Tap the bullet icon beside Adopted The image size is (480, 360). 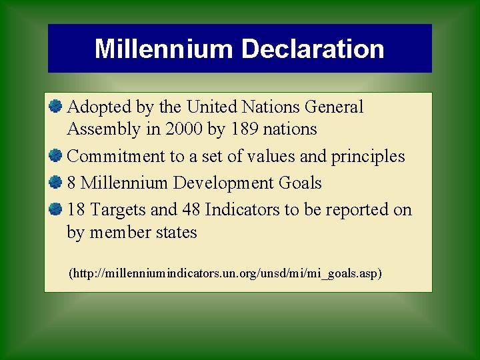tap(55, 106)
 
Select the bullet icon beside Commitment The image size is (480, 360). tap(55, 155)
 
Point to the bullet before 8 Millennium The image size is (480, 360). tap(55, 182)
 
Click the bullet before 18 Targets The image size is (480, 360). tap(55, 209)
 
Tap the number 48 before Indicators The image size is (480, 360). tap(191, 209)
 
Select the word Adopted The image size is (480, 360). tap(95, 107)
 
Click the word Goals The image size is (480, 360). tap(299, 183)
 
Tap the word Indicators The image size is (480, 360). tap(242, 209)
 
